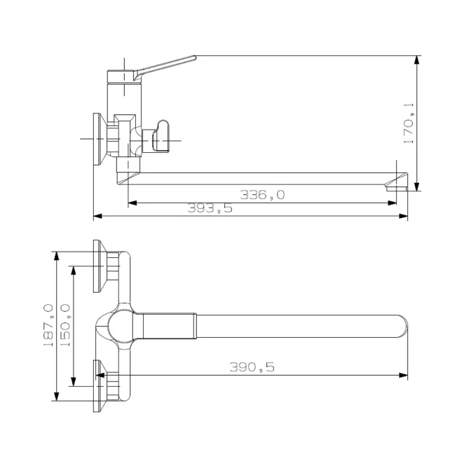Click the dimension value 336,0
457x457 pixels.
click(x=262, y=195)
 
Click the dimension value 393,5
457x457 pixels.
click(x=210, y=208)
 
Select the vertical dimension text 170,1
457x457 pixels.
click(x=409, y=123)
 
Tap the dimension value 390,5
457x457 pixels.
click(x=252, y=367)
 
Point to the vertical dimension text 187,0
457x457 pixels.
click(x=48, y=325)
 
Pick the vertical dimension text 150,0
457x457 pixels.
click(x=65, y=325)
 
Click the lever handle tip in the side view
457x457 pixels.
click(x=195, y=57)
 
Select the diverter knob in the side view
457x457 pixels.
click(x=160, y=136)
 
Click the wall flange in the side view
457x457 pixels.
click(x=100, y=139)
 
